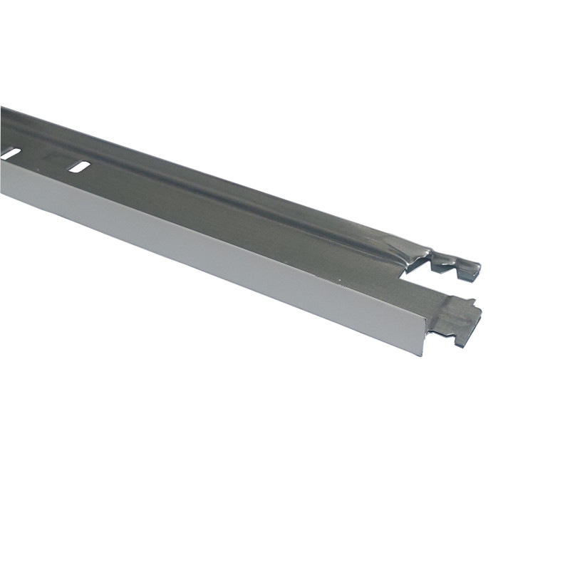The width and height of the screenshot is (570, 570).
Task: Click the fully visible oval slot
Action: (x=79, y=167)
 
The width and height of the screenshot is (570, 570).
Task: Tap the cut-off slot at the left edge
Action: (x=9, y=153)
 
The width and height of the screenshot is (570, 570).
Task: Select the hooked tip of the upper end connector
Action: (x=473, y=268)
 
